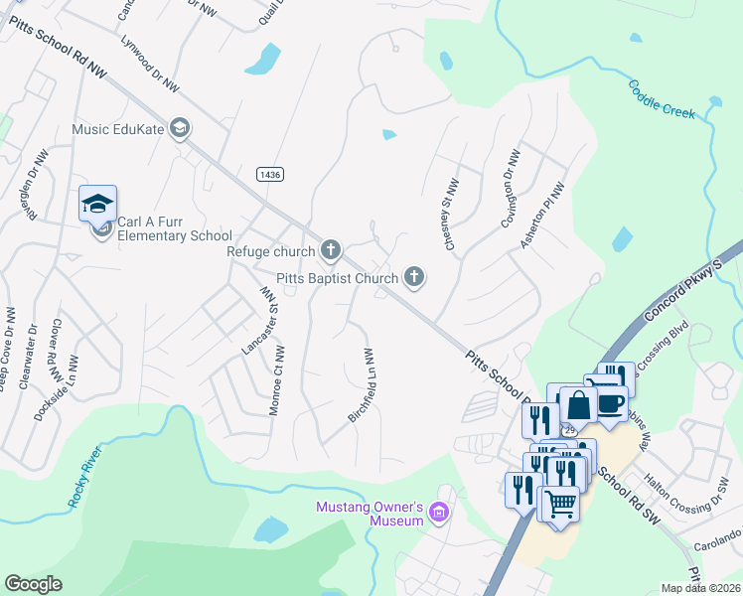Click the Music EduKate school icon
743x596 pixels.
point(180,127)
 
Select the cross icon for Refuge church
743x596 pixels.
point(330,251)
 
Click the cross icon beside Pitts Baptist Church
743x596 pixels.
point(413,279)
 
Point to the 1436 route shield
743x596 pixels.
point(269,174)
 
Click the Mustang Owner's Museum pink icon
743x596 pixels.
point(440,514)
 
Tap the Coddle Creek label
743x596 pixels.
point(662,101)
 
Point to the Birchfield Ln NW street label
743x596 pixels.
point(361,386)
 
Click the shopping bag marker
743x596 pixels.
point(578,405)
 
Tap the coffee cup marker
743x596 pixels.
point(610,403)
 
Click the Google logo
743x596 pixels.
point(33,584)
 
